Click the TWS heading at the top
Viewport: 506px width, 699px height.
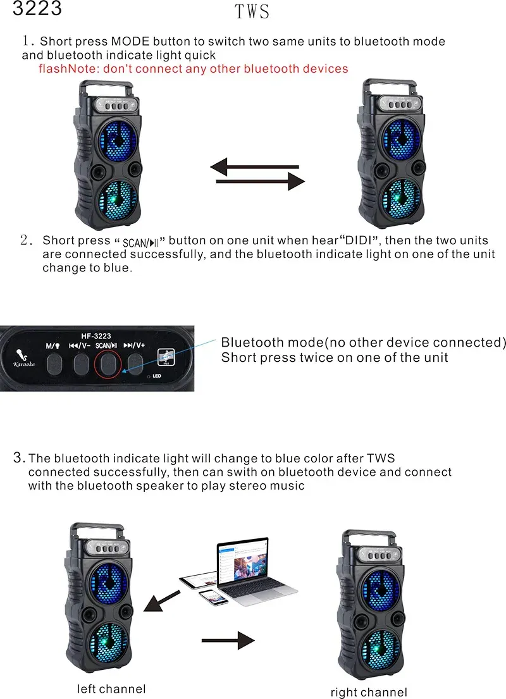[252, 12]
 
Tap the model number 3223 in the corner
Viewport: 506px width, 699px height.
[37, 9]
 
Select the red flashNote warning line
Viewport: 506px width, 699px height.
[193, 68]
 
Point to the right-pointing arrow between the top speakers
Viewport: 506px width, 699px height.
[261, 182]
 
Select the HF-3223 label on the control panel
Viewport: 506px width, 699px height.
[96, 336]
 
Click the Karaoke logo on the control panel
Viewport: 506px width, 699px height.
[24, 358]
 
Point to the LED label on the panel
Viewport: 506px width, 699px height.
[157, 376]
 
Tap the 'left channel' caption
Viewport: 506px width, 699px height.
[111, 689]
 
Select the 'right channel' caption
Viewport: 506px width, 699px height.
[369, 692]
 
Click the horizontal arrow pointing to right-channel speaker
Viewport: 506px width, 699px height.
[228, 641]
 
